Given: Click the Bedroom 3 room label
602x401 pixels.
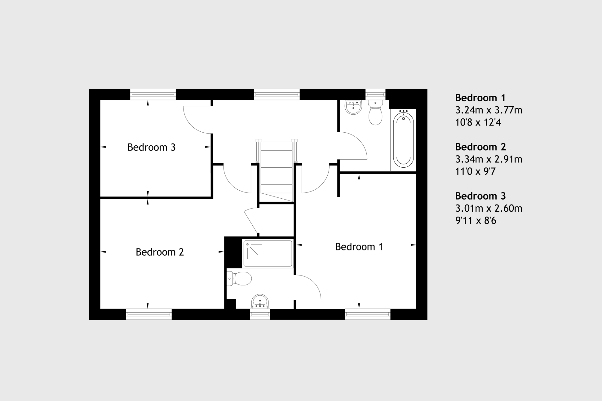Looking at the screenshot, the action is pos(151,147).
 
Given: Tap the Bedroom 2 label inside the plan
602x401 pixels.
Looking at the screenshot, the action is pos(160,252).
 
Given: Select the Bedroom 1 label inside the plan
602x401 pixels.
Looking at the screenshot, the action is pos(359,247).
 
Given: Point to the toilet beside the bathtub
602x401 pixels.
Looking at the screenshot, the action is pos(375,112).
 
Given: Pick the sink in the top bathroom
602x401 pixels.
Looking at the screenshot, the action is pos(353,107).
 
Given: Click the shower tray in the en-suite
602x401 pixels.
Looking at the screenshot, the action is pos(268,253).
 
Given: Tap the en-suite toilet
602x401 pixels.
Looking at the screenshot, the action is pos(239,279).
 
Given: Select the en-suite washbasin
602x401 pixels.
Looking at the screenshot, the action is pos(260,302).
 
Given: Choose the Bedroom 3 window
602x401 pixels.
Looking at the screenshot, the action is pos(153,95).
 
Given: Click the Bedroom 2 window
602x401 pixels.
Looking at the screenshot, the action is pos(149,314).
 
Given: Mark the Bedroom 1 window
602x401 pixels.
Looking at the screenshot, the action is pos(368,314).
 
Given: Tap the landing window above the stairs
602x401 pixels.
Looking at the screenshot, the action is pos(277,95).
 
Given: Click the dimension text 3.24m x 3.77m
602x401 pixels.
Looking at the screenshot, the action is pos(489,110).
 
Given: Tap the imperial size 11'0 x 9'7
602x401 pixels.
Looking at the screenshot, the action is pos(476,171).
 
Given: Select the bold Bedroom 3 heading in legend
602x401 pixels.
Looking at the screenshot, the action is pos(480,196).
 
